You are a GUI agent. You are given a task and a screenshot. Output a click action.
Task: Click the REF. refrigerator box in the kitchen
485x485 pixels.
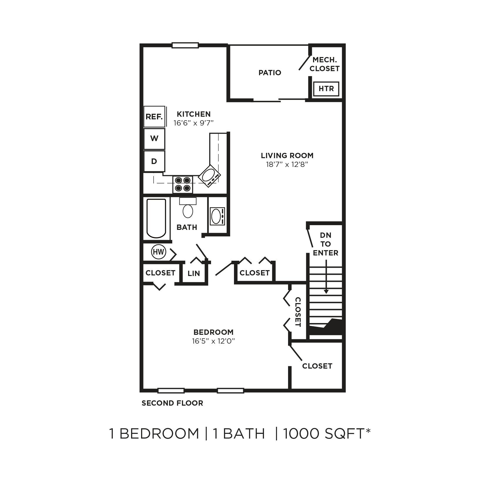click(154, 117)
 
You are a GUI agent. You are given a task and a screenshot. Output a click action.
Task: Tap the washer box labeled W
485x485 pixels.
click(154, 138)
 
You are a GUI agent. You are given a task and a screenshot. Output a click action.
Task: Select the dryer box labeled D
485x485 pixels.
click(154, 161)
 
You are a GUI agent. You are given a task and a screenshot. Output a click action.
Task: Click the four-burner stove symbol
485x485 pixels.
click(183, 184)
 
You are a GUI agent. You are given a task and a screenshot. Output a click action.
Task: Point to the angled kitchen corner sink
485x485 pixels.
click(209, 176)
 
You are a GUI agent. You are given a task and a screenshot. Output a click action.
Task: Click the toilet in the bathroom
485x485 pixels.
click(188, 209)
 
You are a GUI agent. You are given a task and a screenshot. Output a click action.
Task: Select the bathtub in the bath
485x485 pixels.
click(156, 218)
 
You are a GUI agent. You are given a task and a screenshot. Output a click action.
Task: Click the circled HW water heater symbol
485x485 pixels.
click(158, 252)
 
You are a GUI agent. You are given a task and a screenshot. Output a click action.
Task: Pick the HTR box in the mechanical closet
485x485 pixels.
click(326, 88)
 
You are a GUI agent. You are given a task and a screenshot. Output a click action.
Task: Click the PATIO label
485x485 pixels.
click(270, 73)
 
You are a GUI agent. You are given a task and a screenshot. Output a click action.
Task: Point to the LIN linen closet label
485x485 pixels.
click(194, 273)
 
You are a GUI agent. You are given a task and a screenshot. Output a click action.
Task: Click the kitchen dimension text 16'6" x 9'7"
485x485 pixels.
click(193, 123)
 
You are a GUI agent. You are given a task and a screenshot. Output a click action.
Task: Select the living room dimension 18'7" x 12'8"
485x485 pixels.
click(287, 164)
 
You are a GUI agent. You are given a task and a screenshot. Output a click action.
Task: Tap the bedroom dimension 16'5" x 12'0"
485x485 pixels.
click(213, 341)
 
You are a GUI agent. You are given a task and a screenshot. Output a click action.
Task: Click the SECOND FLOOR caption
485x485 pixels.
click(172, 403)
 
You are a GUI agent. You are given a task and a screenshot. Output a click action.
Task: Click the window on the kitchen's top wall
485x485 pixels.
click(185, 45)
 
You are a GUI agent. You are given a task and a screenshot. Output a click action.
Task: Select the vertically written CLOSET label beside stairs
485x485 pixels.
click(298, 312)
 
